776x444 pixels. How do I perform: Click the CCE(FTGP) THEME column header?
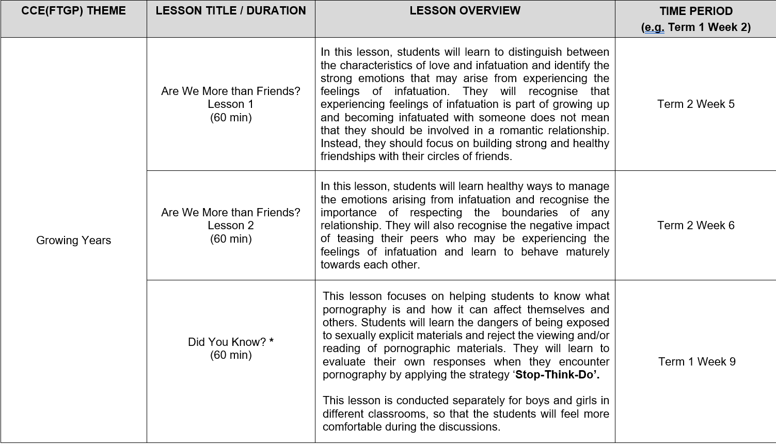coord(73,11)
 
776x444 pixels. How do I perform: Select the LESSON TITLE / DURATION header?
coord(230,11)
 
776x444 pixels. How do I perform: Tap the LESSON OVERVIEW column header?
coord(465,11)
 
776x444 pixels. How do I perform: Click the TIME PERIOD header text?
coord(695,11)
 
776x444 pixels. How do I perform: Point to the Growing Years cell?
coord(73,240)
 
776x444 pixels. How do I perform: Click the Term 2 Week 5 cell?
coord(695,104)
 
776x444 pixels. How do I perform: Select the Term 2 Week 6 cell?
coord(695,225)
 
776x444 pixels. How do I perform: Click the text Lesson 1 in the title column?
coord(230,104)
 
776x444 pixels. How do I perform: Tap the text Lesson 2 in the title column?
coord(230,225)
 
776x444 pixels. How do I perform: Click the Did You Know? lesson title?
coord(227,342)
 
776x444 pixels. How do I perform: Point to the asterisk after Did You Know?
coord(272,341)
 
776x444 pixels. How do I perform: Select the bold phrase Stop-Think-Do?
coord(556,374)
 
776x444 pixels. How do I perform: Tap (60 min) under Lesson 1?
coord(230,117)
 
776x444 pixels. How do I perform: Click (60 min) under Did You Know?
coord(230,355)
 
